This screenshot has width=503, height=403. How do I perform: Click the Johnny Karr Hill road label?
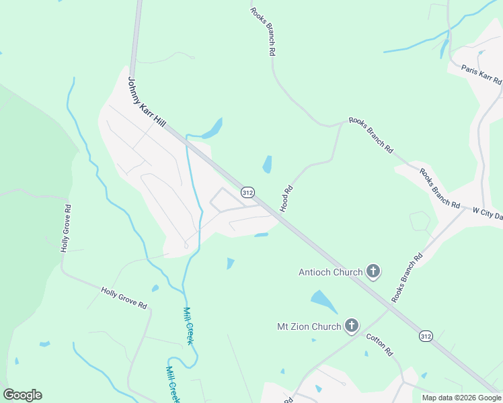147,103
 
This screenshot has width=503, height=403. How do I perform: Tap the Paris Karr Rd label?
481,75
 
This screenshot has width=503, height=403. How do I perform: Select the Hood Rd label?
287,199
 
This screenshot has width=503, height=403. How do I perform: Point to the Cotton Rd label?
379,345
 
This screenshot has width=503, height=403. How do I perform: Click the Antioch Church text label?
330,272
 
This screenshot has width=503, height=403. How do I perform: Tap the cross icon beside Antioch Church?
373,272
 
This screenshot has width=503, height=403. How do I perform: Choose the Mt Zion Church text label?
309,327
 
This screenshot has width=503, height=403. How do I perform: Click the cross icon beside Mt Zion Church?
351,327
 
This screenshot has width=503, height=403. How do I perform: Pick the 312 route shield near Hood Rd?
247,193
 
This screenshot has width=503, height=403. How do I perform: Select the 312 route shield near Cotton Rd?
425,335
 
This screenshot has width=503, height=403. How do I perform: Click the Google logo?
22,395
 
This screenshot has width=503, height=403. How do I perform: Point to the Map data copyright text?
461,398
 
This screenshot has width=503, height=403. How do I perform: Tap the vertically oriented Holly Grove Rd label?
66,228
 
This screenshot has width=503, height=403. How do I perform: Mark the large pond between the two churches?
323,302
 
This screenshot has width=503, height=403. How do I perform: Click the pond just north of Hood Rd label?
267,164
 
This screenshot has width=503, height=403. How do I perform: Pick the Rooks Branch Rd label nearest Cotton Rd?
408,275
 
